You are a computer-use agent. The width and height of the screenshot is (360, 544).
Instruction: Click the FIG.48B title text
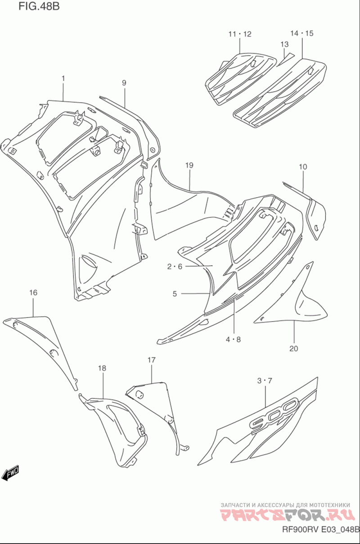coord(39,6)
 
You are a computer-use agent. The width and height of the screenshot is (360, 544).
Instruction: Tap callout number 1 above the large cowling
coord(63,78)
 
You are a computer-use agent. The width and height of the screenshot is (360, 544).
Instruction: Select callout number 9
coord(124,83)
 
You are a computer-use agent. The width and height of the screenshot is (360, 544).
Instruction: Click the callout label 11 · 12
coord(240,34)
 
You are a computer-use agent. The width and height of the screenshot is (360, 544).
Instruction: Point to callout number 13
coord(284,44)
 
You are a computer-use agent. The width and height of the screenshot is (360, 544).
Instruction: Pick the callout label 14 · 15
coord(302,33)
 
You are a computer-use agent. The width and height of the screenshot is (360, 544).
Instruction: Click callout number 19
coord(189,165)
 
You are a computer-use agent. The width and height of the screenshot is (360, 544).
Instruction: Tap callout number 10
coord(303,167)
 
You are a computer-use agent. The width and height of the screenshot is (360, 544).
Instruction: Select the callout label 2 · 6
coord(175,267)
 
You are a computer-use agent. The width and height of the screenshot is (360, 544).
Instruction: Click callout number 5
coord(175,294)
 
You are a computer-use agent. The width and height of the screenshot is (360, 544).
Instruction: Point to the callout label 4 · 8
coord(233,340)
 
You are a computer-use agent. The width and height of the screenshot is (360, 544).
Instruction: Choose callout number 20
coord(294,349)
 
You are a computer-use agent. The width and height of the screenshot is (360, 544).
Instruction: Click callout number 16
coord(33,293)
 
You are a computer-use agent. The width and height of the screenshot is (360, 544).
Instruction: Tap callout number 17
coord(152,360)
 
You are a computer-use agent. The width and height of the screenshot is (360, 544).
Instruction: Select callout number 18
coord(102,368)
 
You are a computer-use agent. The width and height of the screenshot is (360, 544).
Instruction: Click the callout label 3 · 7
coord(265,381)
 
